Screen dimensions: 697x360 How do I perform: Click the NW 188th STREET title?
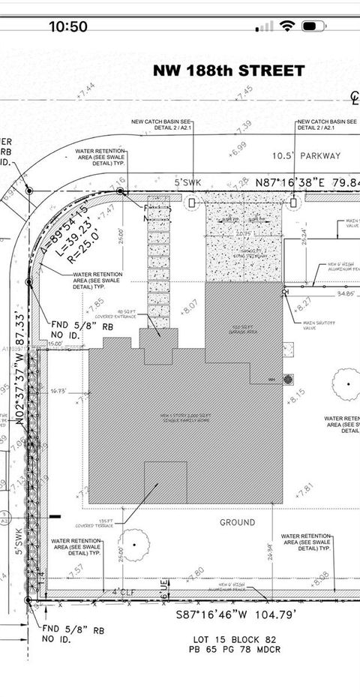coord(229,71)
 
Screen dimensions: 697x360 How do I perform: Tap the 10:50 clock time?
coord(68,26)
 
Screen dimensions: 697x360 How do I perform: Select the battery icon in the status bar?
coord(313,26)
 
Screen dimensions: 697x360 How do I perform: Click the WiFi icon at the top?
coord(286,26)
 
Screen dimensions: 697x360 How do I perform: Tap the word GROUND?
coord(238,522)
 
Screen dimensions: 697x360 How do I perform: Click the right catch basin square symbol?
coord(293,202)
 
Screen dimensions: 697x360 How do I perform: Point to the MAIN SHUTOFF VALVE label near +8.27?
coord(316,323)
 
